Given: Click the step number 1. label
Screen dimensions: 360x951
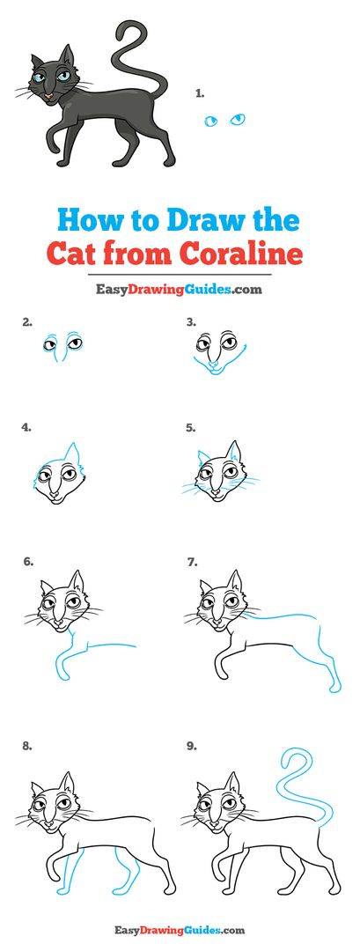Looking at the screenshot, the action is click(x=200, y=93).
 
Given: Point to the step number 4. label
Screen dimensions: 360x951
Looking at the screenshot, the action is click(x=26, y=427).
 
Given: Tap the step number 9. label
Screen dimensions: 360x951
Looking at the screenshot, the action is click(x=192, y=746).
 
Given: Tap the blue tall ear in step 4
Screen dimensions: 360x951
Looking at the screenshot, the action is click(x=73, y=453).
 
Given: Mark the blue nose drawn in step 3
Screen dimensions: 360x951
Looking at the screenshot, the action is click(x=212, y=365).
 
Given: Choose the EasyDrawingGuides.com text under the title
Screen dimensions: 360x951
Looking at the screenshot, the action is click(x=180, y=290).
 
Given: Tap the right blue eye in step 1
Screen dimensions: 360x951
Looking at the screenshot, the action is click(x=238, y=119).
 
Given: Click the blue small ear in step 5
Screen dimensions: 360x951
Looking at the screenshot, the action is click(x=202, y=457).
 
